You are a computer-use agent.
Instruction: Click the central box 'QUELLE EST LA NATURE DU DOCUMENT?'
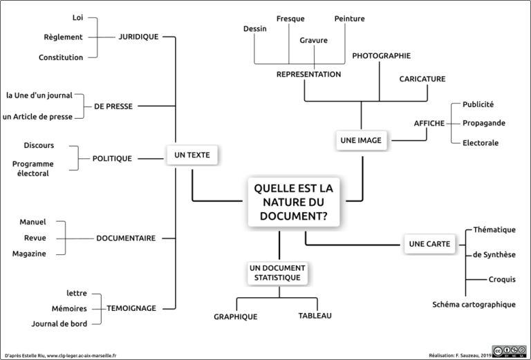(x=294, y=202)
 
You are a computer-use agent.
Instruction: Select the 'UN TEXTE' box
(x=192, y=155)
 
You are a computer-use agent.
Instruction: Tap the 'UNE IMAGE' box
(x=361, y=140)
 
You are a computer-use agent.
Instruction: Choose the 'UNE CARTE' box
(x=429, y=244)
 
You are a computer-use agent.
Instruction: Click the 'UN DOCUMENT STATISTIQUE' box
(x=277, y=273)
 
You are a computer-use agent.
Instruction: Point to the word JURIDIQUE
(x=138, y=37)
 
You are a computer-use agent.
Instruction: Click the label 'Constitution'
(x=61, y=57)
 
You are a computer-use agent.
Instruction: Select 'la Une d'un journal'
(x=39, y=95)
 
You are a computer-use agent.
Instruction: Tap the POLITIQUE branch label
(x=112, y=158)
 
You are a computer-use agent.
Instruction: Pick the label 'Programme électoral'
(x=33, y=169)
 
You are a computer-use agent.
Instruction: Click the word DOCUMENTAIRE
(x=126, y=238)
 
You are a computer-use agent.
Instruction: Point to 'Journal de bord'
(x=59, y=324)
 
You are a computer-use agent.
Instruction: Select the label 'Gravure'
(x=314, y=40)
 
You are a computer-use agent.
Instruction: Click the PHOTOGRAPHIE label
(x=382, y=56)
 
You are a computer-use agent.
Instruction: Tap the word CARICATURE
(x=422, y=79)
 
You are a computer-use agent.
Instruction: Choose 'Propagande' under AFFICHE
(x=484, y=123)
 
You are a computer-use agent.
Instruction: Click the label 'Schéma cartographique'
(x=474, y=305)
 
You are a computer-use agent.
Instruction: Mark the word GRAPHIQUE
(x=236, y=316)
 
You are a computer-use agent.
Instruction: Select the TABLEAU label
(x=315, y=316)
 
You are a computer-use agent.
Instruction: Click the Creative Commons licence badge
(x=510, y=352)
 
